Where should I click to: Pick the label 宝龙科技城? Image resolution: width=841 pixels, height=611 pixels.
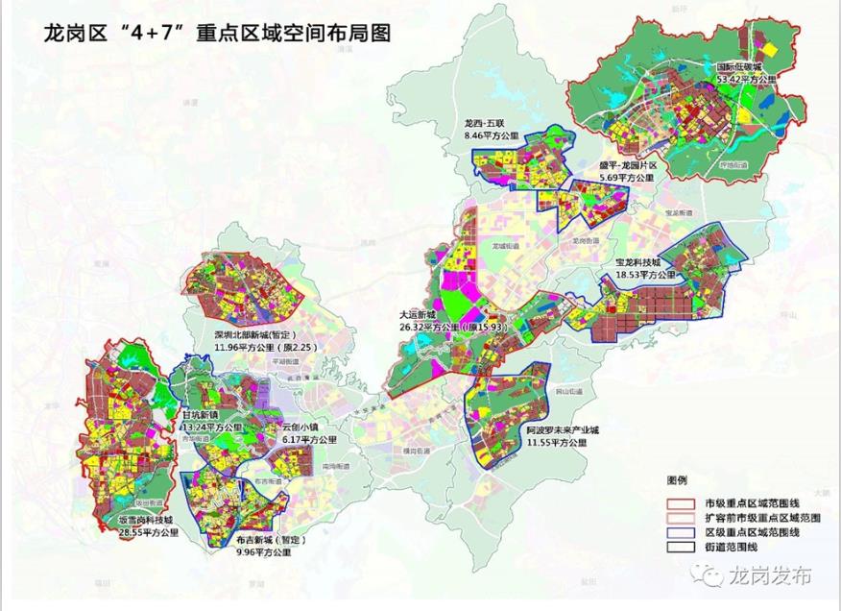[638, 262]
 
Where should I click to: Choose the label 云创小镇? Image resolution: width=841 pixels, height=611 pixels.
[303, 427]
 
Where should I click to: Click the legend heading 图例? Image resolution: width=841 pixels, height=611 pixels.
[679, 477]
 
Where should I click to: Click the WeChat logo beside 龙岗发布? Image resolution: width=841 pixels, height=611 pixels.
[711, 575]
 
